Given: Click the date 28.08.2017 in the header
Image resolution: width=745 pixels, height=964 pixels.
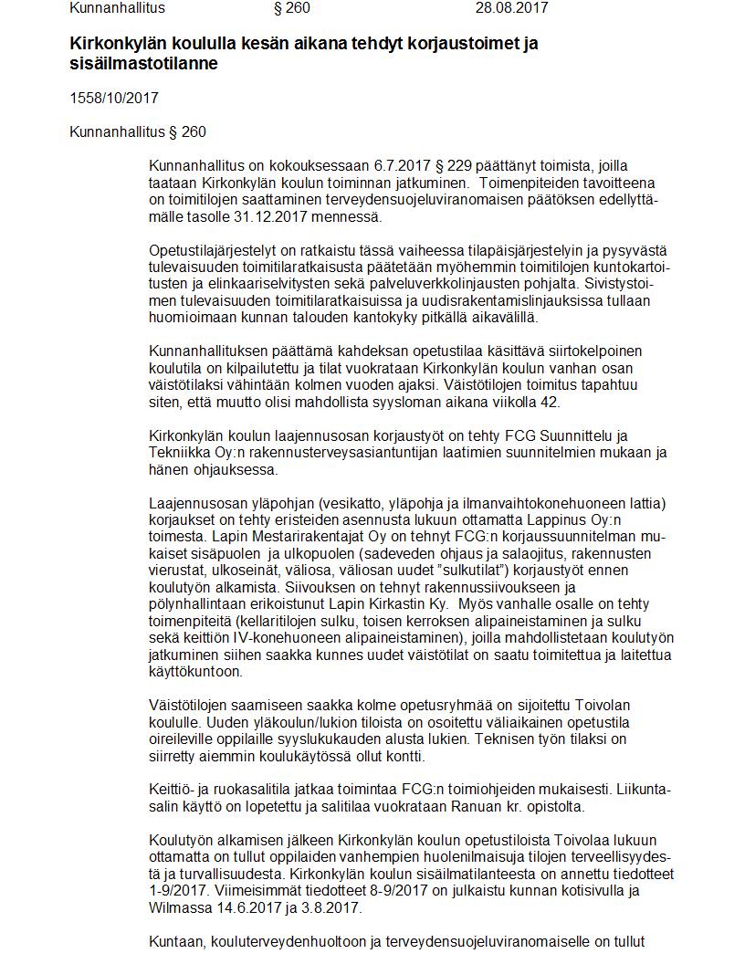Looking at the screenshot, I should pos(511,8).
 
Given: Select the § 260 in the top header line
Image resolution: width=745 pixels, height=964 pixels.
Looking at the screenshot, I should pos(292,8).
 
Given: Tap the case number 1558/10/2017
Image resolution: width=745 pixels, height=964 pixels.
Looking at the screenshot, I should pos(114,98).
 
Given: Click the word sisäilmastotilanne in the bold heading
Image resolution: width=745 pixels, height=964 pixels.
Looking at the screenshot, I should pos(143,64).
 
